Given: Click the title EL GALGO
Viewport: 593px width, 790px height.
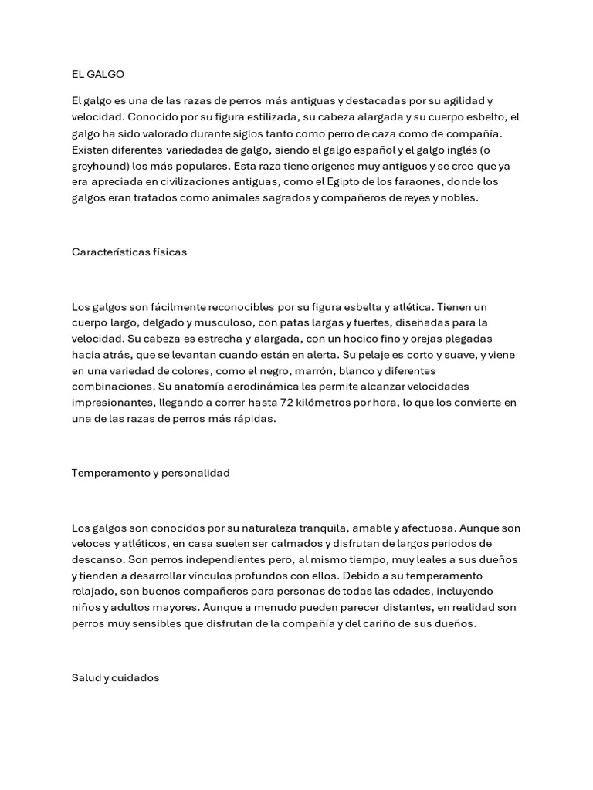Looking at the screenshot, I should [97, 74].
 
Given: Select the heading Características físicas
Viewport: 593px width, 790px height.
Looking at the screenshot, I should [129, 252].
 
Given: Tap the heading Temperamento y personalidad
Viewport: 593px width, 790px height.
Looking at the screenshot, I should [151, 473].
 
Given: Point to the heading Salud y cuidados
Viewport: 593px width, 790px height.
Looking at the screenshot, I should [115, 677].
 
